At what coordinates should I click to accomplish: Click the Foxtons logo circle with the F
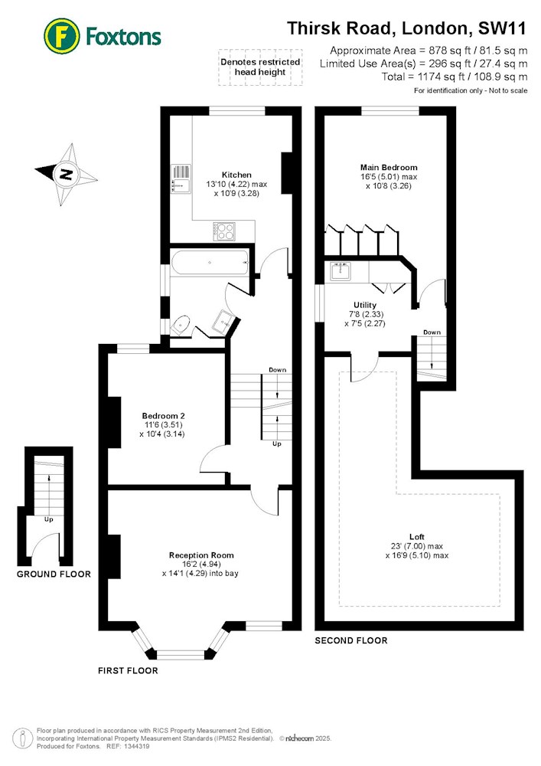[x=61, y=36]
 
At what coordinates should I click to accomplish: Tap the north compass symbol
[x=67, y=175]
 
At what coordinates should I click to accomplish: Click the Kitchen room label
[x=236, y=175]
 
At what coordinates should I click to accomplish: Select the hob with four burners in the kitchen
[x=224, y=231]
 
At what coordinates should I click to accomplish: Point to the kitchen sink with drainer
[x=181, y=178]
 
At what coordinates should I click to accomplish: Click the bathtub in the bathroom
[x=210, y=262]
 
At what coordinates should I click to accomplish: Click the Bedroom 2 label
[x=164, y=416]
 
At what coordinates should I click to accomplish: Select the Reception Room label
[x=201, y=555]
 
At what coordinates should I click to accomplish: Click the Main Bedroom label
[x=389, y=168]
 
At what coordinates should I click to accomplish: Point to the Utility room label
[x=365, y=305]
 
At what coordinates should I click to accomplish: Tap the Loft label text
[x=417, y=537]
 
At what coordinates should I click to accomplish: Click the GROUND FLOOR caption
[x=54, y=574]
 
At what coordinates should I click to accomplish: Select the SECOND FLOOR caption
[x=351, y=640]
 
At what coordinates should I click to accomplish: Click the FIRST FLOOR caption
[x=128, y=671]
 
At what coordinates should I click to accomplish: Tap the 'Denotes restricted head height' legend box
[x=260, y=67]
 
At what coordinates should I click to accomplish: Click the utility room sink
[x=341, y=271]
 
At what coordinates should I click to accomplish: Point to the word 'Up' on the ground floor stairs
[x=49, y=519]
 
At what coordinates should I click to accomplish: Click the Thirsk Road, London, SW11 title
[x=407, y=28]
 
